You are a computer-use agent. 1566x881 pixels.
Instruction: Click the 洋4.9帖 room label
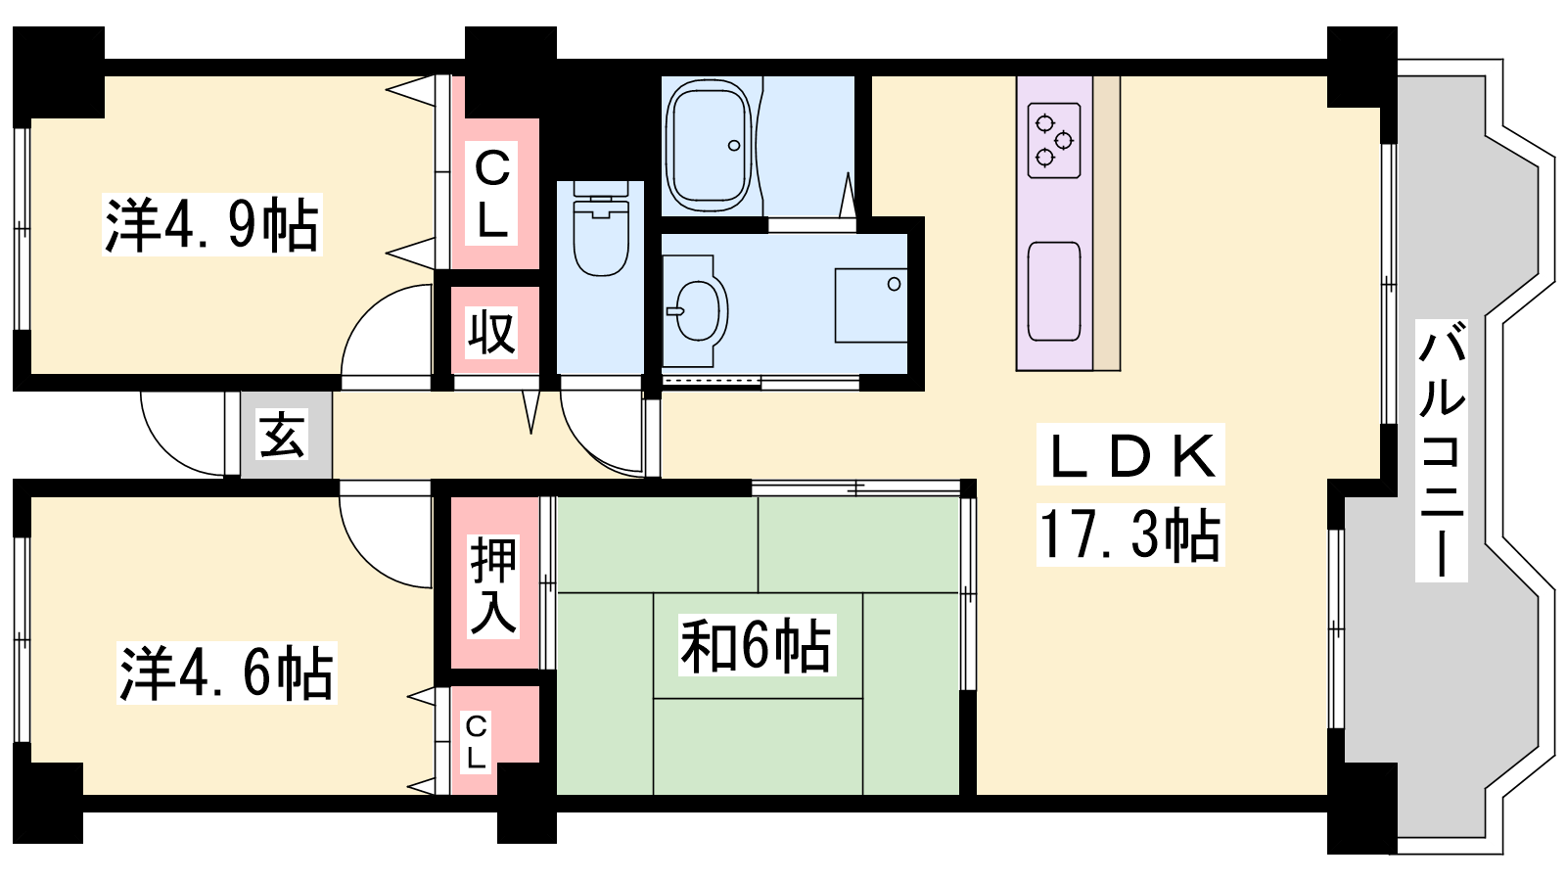click(x=211, y=224)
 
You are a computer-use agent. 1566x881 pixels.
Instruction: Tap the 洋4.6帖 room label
click(x=226, y=672)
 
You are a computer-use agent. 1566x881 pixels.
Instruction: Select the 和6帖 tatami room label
click(x=757, y=645)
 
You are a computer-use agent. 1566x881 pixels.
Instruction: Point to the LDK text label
click(x=1130, y=454)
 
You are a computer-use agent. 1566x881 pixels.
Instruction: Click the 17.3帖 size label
click(x=1130, y=534)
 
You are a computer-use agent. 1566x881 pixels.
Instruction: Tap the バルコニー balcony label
click(x=1441, y=451)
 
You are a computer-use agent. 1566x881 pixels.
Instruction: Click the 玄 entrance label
click(x=283, y=434)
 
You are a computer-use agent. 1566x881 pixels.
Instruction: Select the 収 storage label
click(x=492, y=332)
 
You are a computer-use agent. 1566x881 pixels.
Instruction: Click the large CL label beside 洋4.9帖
click(x=492, y=194)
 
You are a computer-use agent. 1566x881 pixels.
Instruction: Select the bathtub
click(x=708, y=146)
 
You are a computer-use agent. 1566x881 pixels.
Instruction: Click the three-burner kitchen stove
click(x=1054, y=141)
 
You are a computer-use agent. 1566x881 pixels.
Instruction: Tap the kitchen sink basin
click(x=1054, y=291)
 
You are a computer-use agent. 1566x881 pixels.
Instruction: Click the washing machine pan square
click(x=871, y=305)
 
